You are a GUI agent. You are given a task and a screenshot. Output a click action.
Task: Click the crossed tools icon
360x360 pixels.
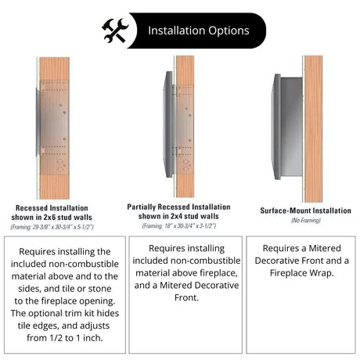(114, 31)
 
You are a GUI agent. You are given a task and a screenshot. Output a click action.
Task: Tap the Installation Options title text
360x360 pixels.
(199, 31)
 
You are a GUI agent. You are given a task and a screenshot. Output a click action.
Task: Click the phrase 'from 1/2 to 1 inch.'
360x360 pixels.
(59, 339)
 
